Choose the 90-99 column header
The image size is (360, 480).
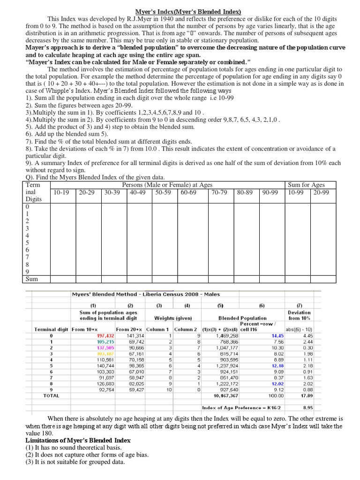pyautogui.click(x=270, y=192)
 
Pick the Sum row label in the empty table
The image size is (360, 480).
pyautogui.click(x=31, y=279)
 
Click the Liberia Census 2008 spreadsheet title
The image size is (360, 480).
pyautogui.click(x=146, y=294)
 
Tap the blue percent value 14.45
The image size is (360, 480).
pyautogui.click(x=277, y=336)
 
